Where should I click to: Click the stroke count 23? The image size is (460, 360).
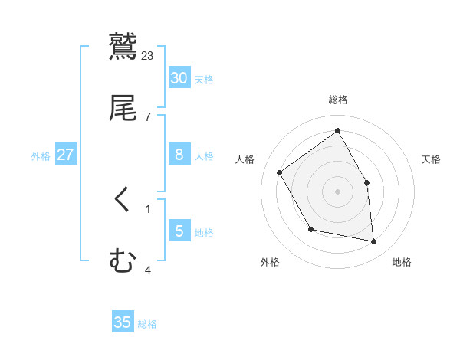point(148,55)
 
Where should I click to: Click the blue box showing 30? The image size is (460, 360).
point(179,78)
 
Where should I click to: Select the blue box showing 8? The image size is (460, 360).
point(179,155)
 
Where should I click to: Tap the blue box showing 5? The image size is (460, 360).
point(179,231)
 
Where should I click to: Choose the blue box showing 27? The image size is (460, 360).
point(66,155)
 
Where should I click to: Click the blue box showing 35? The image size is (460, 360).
point(123,322)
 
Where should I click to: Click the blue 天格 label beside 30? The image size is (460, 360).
point(204,80)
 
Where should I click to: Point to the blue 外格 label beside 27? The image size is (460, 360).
point(41,156)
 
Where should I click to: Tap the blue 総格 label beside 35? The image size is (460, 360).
point(147,324)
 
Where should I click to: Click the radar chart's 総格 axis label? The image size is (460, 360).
point(338,100)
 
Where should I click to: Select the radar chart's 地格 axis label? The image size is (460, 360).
point(402,262)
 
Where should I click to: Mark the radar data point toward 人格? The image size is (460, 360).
point(280,172)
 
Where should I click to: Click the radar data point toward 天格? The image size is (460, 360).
point(366,182)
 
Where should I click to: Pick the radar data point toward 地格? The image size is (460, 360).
point(374,242)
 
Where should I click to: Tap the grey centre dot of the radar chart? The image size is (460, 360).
point(338,191)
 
